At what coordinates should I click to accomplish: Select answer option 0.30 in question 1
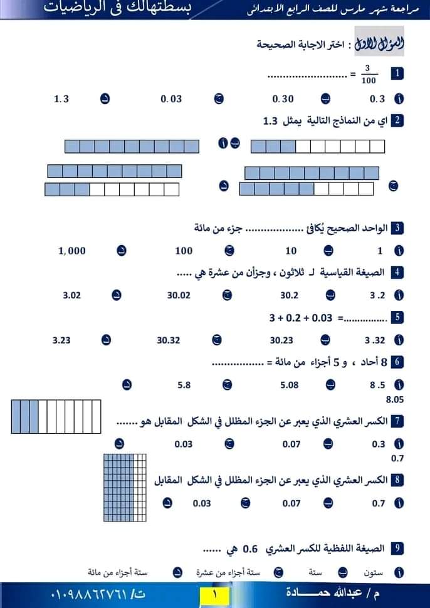(283, 99)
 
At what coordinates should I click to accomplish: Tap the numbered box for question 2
(396, 120)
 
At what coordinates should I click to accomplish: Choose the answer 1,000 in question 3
(72, 251)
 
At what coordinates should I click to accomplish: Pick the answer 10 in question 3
(291, 251)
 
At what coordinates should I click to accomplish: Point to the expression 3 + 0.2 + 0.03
(301, 318)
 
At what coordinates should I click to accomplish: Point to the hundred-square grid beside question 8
(125, 489)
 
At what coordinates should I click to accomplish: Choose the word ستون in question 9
(374, 572)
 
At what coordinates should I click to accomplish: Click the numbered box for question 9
(396, 549)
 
